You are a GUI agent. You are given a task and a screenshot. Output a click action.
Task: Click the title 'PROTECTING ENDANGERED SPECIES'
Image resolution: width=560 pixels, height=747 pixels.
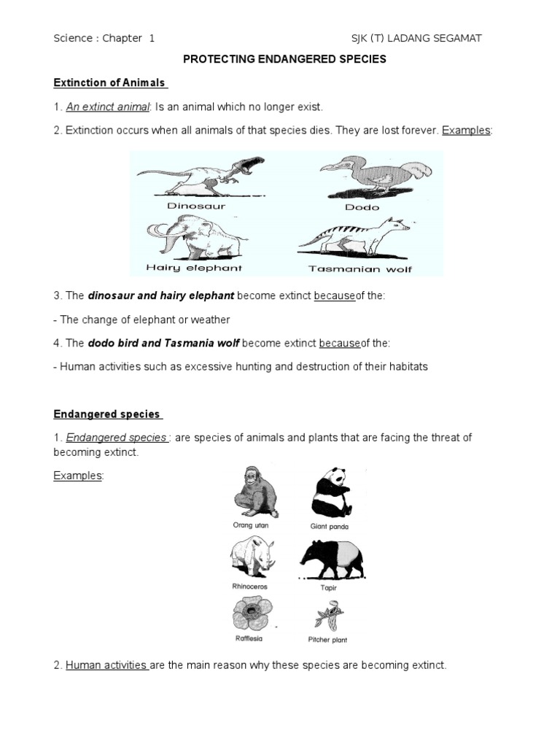click(284, 60)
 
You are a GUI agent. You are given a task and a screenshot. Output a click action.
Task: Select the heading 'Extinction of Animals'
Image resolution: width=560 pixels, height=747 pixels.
click(109, 82)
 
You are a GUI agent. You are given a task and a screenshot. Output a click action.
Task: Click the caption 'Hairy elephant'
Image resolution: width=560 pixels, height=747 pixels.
click(194, 268)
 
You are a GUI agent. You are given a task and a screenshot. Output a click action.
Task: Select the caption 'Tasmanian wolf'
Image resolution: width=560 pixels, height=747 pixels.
click(360, 268)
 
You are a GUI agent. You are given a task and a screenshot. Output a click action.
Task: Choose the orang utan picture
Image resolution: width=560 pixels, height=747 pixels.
click(252, 492)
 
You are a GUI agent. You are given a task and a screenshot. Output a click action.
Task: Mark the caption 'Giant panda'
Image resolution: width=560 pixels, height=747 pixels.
click(330, 526)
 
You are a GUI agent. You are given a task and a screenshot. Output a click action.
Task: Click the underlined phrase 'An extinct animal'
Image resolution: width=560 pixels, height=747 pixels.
click(108, 107)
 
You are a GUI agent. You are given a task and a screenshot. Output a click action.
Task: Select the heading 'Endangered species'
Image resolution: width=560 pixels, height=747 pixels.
click(106, 414)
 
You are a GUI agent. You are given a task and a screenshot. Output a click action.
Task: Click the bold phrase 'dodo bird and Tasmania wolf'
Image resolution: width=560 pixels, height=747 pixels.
click(164, 343)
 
